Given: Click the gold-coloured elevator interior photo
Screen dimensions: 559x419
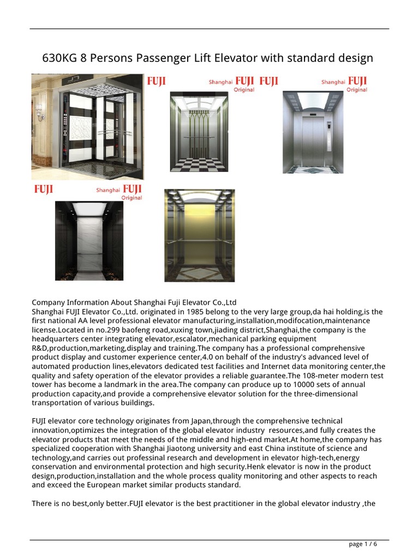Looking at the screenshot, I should click(200, 235).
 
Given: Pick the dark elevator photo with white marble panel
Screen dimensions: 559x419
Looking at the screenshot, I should click(89, 240).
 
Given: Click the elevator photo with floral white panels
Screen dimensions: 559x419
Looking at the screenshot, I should click(87, 127).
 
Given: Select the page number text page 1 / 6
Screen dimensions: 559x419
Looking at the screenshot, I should click(363, 544).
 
